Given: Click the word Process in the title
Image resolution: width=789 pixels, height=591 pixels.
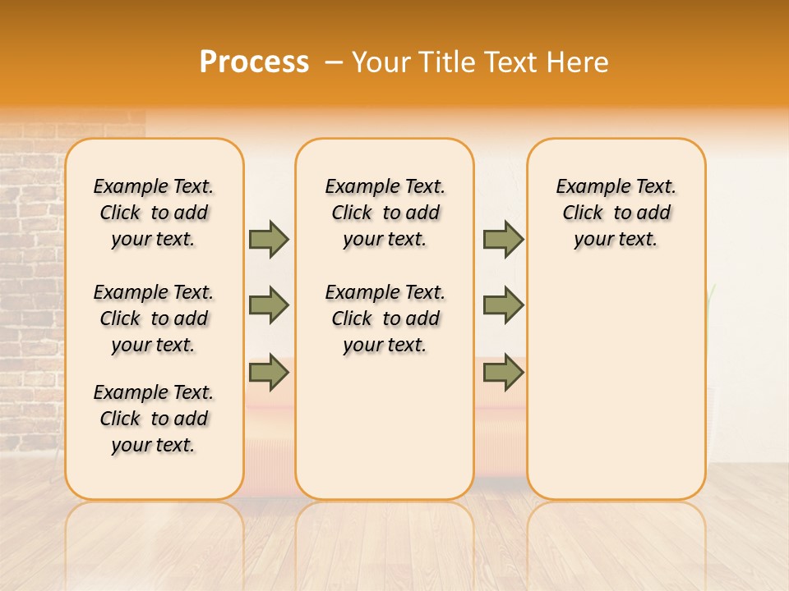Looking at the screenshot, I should [254, 62].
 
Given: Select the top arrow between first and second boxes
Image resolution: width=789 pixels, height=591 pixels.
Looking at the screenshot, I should [269, 239].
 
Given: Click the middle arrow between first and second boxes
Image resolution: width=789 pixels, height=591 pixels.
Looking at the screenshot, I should [269, 305].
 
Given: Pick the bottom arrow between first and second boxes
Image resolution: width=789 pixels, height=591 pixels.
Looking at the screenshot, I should [269, 373].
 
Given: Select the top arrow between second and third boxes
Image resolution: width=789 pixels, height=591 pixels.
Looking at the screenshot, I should [503, 239].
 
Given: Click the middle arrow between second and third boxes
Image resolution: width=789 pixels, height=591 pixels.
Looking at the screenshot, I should [503, 305].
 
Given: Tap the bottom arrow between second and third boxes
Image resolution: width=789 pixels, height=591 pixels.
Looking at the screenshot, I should [503, 373].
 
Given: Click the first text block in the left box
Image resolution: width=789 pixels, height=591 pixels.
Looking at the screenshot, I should [154, 213].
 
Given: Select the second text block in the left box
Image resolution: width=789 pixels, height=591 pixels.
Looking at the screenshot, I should [154, 318].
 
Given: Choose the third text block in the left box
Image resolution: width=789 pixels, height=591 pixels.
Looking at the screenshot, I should [154, 419].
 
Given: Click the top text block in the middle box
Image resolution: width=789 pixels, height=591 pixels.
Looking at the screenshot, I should [385, 213].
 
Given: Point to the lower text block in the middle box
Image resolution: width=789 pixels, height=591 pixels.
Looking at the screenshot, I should [385, 318].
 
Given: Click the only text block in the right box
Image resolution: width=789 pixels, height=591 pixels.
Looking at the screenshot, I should [616, 213].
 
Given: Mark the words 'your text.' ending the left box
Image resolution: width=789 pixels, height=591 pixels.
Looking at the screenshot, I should [154, 445].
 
